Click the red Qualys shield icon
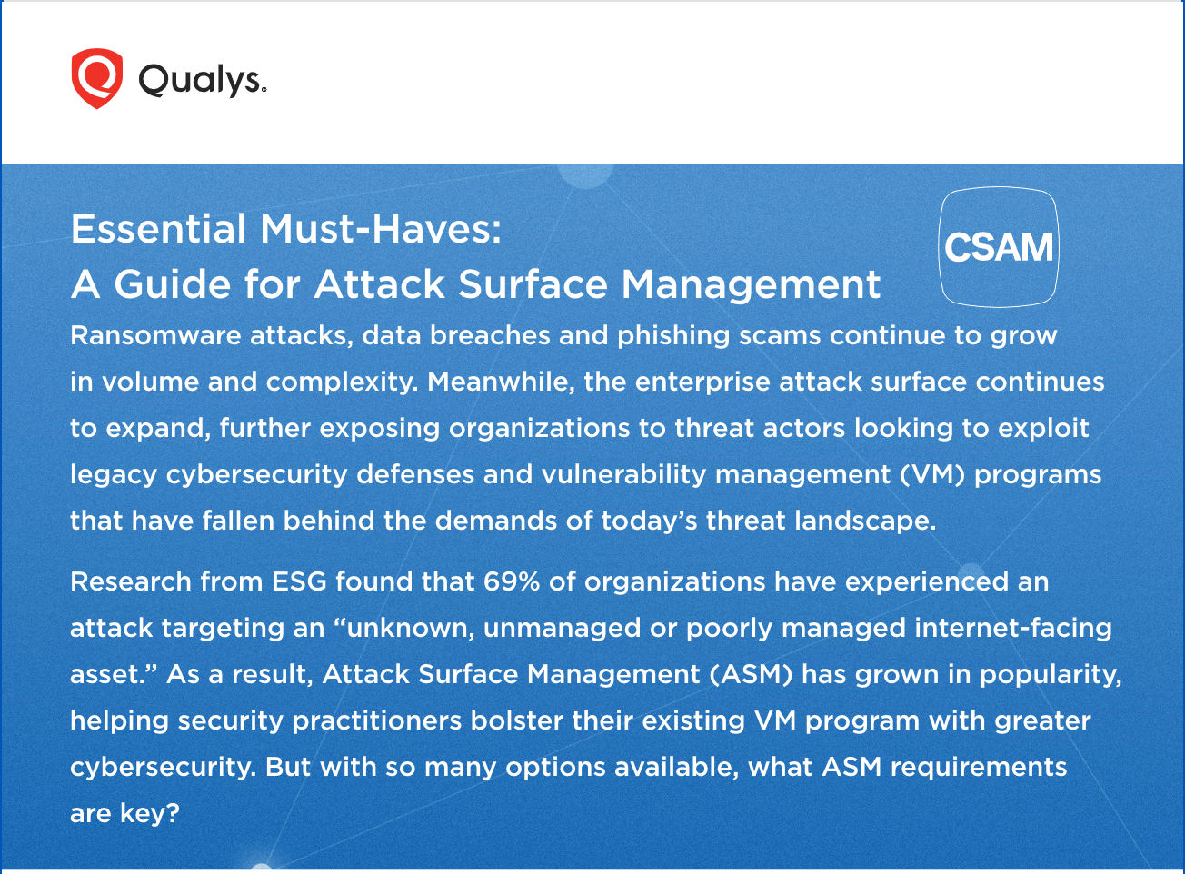[96, 79]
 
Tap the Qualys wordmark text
[202, 81]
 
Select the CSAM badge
[999, 247]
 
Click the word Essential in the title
[159, 229]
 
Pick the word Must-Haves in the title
[381, 229]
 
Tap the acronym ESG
[299, 581]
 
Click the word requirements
[979, 767]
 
